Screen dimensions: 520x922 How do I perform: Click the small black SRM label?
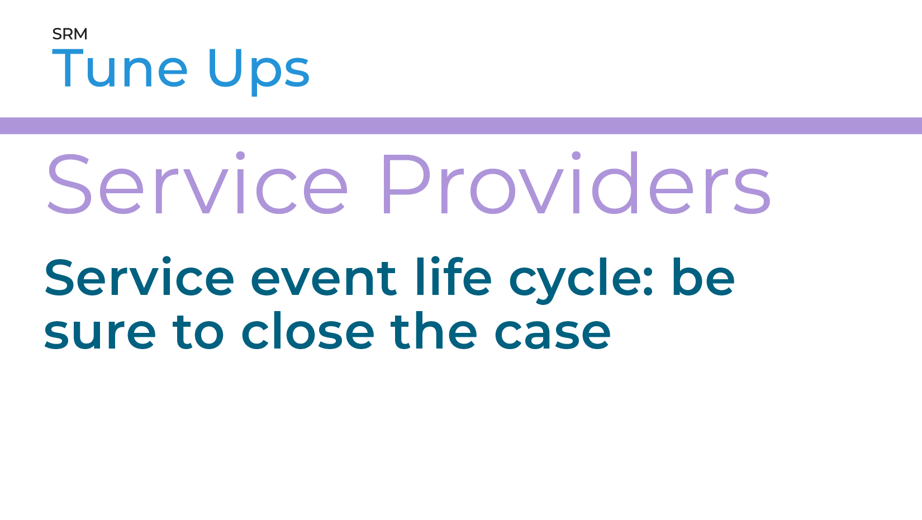pos(70,34)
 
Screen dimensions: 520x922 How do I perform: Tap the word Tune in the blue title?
pos(120,69)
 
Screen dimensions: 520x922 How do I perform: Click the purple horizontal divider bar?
pos(461,126)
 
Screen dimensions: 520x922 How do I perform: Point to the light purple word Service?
pos(197,184)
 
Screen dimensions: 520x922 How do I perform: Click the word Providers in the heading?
pos(576,184)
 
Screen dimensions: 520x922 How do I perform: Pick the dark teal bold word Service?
pos(139,278)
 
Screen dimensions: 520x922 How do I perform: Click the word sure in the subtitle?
pos(100,333)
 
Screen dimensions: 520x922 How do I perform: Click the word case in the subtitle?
pos(553,333)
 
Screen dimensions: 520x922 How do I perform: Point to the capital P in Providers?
pos(406,184)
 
